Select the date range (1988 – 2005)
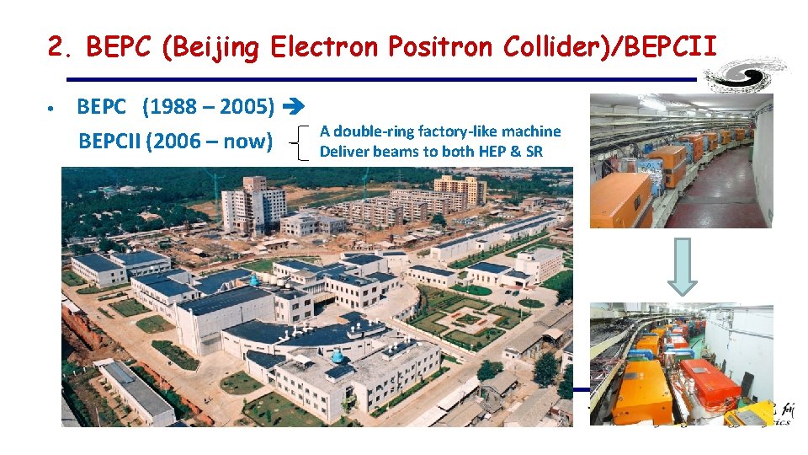point(209,107)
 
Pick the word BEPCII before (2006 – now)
point(109,140)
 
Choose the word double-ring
point(376,131)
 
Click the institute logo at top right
point(746,74)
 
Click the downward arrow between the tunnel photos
point(683,265)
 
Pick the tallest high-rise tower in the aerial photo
point(253,206)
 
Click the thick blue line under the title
point(370,79)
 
